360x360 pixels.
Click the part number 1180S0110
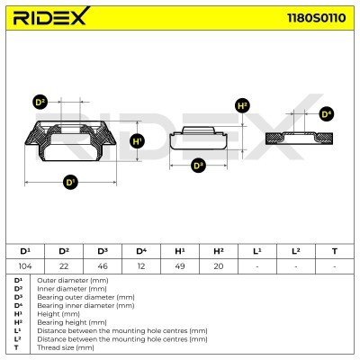point(317,18)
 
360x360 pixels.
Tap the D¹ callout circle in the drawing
point(70,182)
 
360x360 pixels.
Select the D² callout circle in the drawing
point(40,103)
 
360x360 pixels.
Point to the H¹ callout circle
point(138,141)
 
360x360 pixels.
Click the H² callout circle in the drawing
point(242,105)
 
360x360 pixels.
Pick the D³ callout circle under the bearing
point(198,165)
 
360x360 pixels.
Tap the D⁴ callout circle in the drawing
point(326,113)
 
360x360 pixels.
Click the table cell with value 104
point(25,266)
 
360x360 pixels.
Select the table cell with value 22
point(64,266)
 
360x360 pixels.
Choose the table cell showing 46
point(103,266)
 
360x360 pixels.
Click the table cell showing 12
point(141,266)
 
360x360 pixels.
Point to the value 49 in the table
point(180,266)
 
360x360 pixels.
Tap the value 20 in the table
point(219,266)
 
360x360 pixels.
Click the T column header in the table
point(335,251)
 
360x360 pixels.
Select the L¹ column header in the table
point(257,251)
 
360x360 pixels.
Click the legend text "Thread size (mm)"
point(66,347)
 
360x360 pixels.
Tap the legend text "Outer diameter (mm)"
point(73,281)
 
